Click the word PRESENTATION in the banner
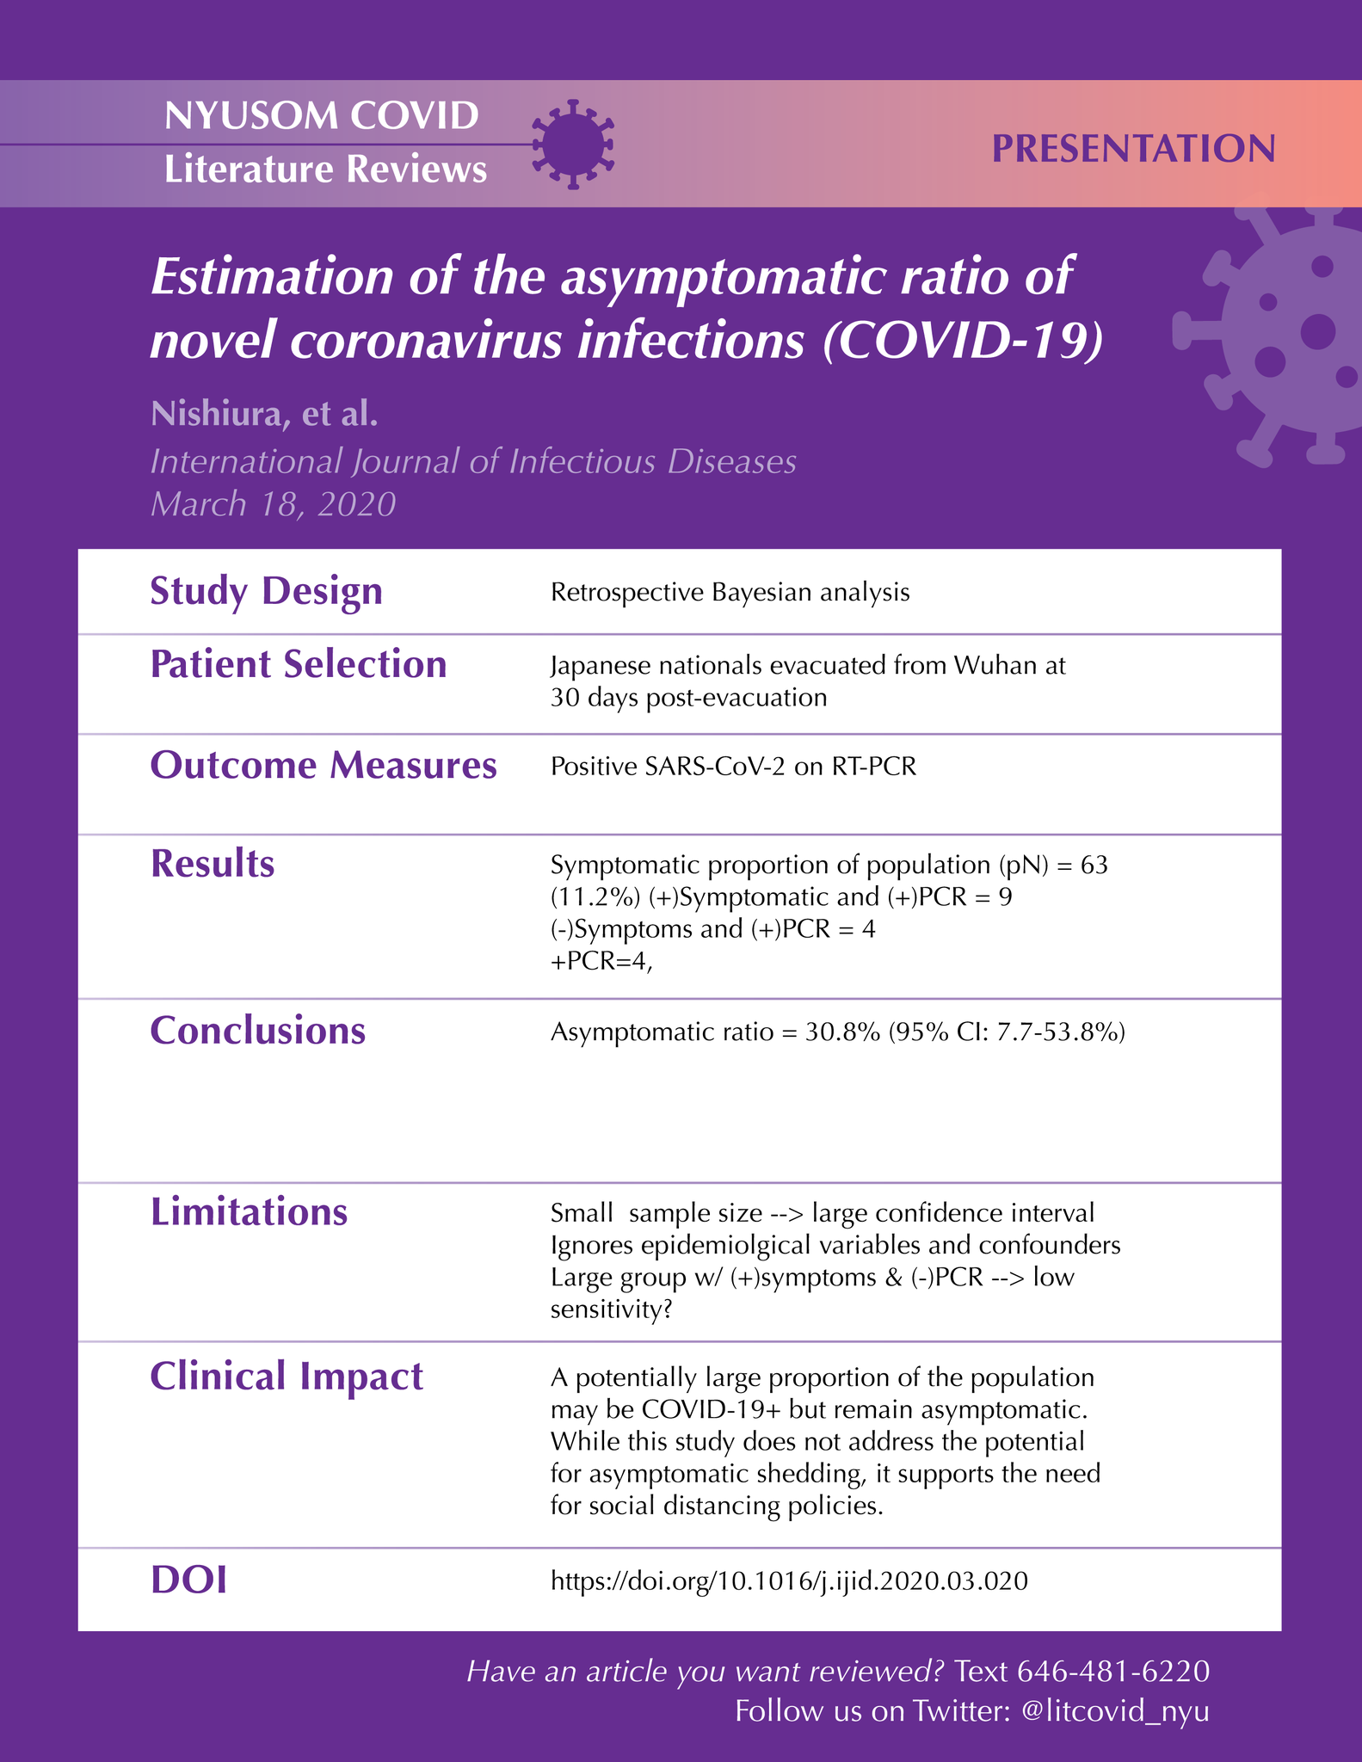point(1133,149)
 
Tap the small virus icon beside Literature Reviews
point(573,144)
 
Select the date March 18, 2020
point(273,504)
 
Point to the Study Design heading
point(266,592)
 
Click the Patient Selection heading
point(298,665)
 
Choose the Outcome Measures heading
point(323,766)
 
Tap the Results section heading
point(213,864)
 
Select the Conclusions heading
point(257,1031)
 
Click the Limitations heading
point(249,1212)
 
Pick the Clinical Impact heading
point(287,1377)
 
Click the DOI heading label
point(188,1580)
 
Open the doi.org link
point(788,1581)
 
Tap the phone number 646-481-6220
point(1113,1671)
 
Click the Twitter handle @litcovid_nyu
point(1114,1710)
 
